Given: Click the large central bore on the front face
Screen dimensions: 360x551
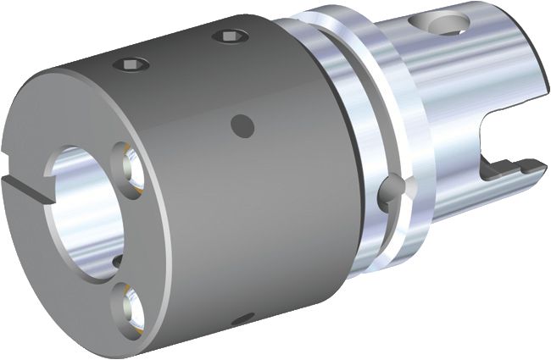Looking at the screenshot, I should pyautogui.click(x=85, y=212).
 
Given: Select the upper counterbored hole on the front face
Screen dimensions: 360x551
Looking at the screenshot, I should pyautogui.click(x=126, y=162).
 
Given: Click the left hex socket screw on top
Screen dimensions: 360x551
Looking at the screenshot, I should pyautogui.click(x=132, y=64).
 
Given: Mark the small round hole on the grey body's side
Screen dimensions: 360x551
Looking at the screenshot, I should pyautogui.click(x=242, y=125).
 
